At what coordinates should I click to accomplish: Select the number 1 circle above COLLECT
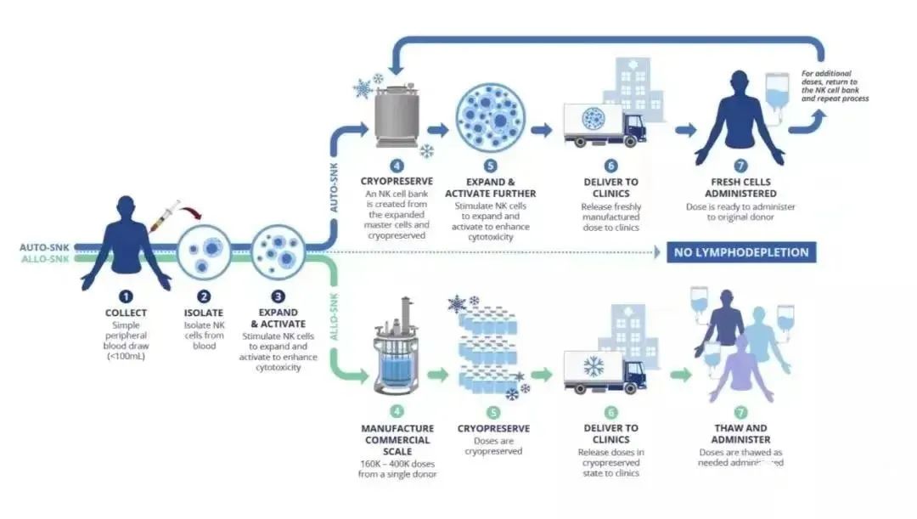click(126, 296)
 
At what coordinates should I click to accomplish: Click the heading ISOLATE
click(204, 313)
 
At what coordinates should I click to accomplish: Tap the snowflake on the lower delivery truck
click(593, 367)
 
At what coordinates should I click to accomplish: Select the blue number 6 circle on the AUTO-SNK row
click(610, 166)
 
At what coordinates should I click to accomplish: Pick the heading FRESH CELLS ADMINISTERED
click(741, 188)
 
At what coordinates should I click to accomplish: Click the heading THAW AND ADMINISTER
click(741, 433)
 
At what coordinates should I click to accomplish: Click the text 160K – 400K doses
click(397, 463)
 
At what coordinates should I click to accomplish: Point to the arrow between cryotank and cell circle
click(438, 130)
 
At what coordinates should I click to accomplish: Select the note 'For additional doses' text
click(835, 86)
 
